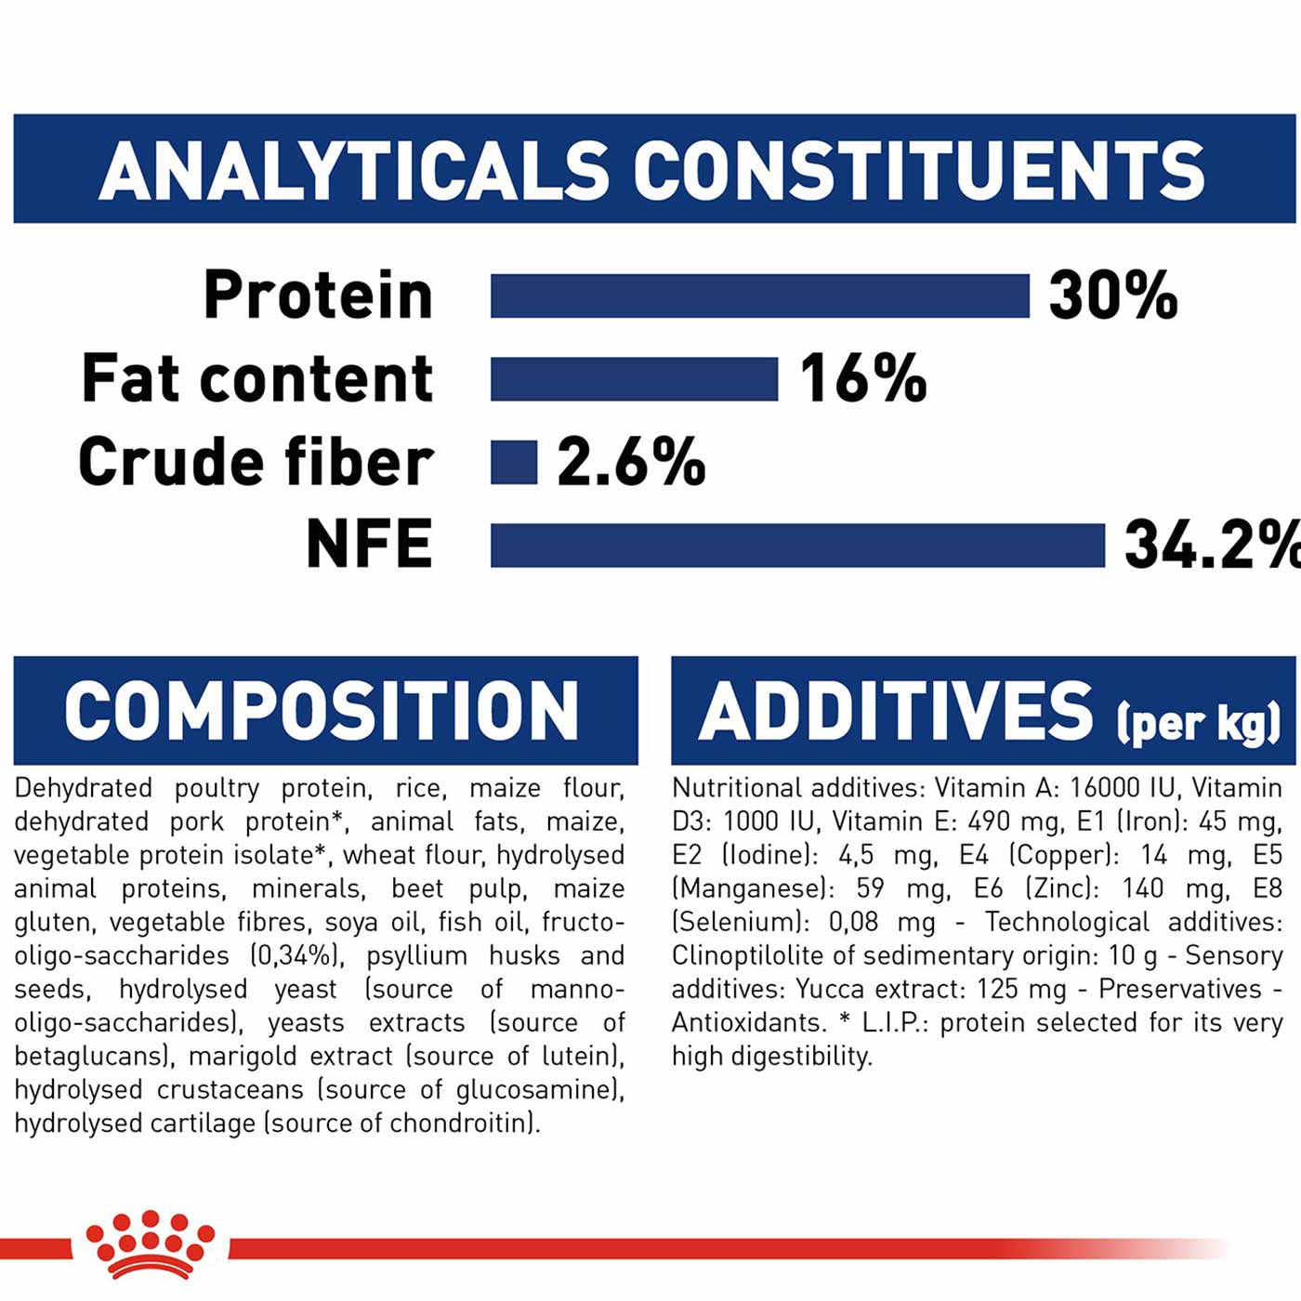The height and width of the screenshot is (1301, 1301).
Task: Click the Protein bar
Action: pos(759,296)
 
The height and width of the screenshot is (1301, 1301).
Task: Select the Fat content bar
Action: pos(634,379)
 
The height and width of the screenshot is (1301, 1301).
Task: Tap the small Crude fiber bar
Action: pos(514,463)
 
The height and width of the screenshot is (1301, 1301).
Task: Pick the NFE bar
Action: pos(797,545)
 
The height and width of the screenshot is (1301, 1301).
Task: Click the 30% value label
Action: pos(1113,296)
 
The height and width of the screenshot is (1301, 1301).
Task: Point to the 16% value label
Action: pos(863,379)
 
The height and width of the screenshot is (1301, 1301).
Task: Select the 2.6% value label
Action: pos(631,462)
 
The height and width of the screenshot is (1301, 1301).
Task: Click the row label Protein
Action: pos(318,295)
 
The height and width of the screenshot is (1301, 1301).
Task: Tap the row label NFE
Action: pos(369,545)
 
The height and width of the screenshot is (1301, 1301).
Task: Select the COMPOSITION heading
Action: pos(322,711)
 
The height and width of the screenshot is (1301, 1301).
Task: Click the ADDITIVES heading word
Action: pos(895,711)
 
